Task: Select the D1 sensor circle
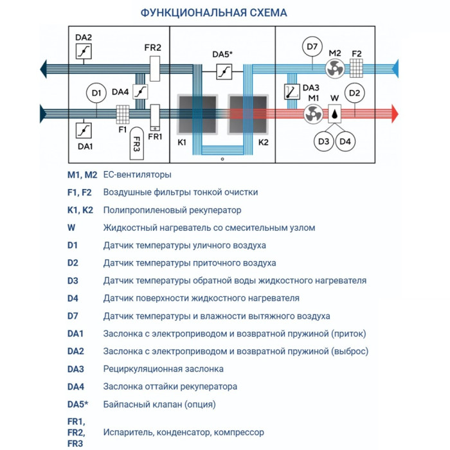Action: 96,94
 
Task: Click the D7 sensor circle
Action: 312,46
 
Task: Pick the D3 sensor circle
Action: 323,141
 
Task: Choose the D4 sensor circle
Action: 345,141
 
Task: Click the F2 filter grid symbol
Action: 357,67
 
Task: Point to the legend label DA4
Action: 76,386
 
